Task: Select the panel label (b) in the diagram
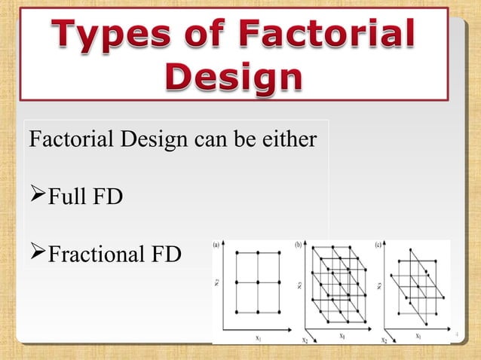(x=298, y=245)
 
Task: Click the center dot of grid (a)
(x=257, y=282)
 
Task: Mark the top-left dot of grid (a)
(x=237, y=253)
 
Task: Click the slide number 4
(x=456, y=330)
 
